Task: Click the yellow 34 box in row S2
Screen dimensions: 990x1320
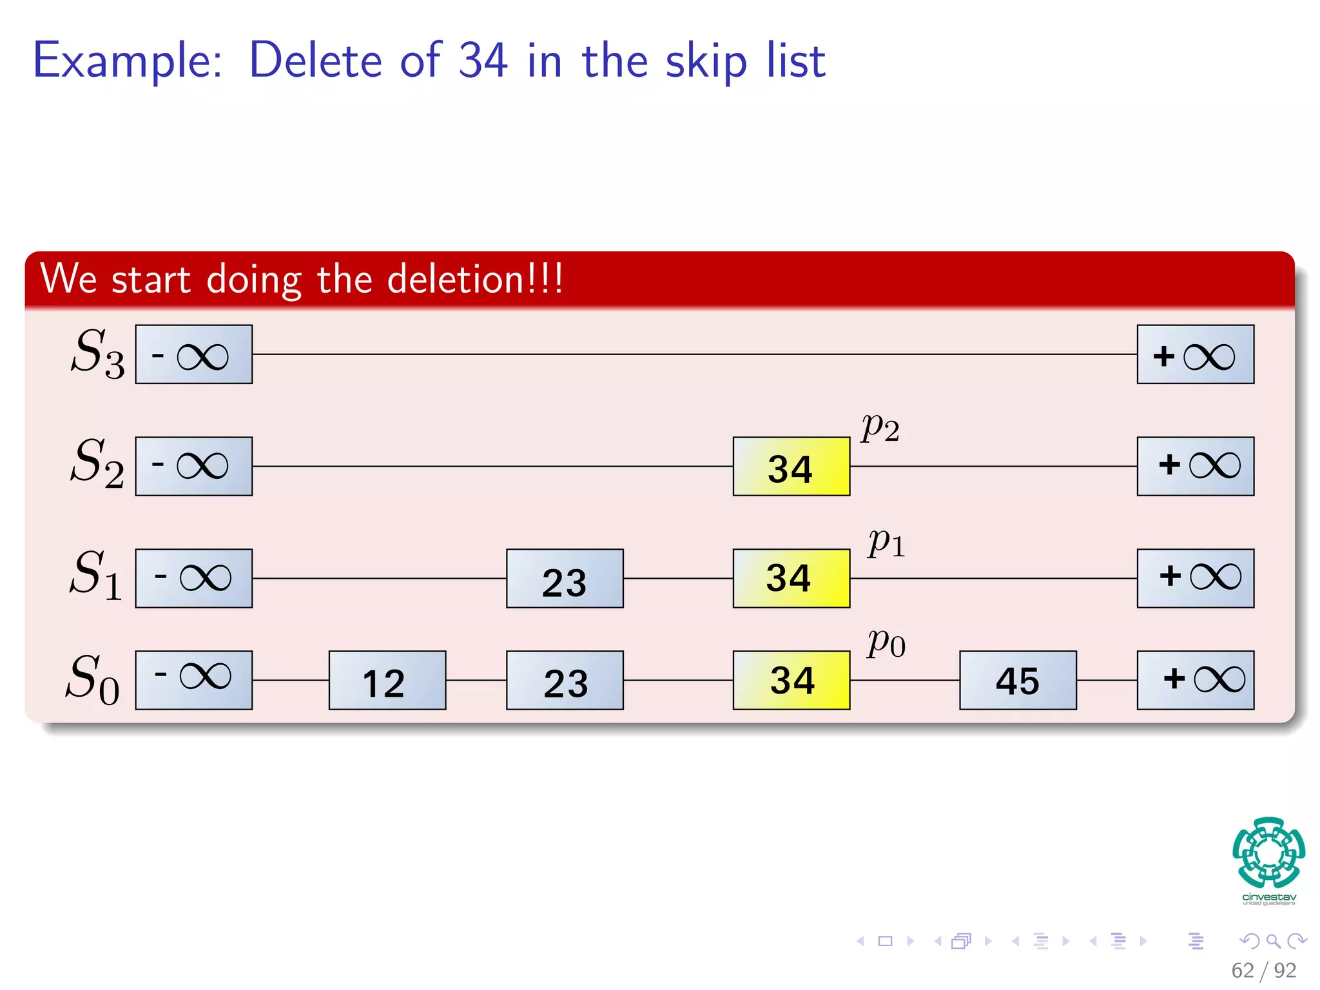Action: coord(791,467)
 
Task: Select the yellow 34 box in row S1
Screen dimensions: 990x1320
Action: coord(791,578)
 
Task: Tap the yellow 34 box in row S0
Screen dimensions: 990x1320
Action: coord(791,680)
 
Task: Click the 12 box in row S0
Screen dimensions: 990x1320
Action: coord(387,680)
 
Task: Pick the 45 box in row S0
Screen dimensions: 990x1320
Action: coord(1018,680)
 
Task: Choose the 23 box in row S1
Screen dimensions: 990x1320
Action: coord(565,578)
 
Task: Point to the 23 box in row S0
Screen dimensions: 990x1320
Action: coord(565,680)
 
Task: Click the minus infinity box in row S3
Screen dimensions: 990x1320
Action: coord(193,354)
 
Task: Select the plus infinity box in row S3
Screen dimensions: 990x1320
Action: coord(1195,354)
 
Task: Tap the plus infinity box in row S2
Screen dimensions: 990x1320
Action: coord(1195,467)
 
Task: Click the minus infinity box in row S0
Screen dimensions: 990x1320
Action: coord(193,680)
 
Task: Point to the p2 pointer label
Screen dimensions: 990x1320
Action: coord(880,427)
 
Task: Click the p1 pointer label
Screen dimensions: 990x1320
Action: coord(886,543)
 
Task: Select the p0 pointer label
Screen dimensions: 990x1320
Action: coord(886,643)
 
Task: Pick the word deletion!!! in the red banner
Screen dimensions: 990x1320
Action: coord(475,279)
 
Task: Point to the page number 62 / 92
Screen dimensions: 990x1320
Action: coord(1263,970)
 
